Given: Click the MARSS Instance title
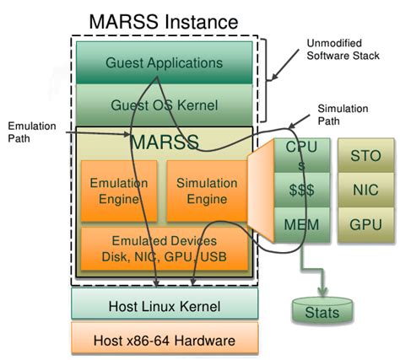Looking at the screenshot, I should (x=164, y=20).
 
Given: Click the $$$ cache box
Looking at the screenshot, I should (x=301, y=191).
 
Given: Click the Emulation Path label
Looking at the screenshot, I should (x=31, y=132).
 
